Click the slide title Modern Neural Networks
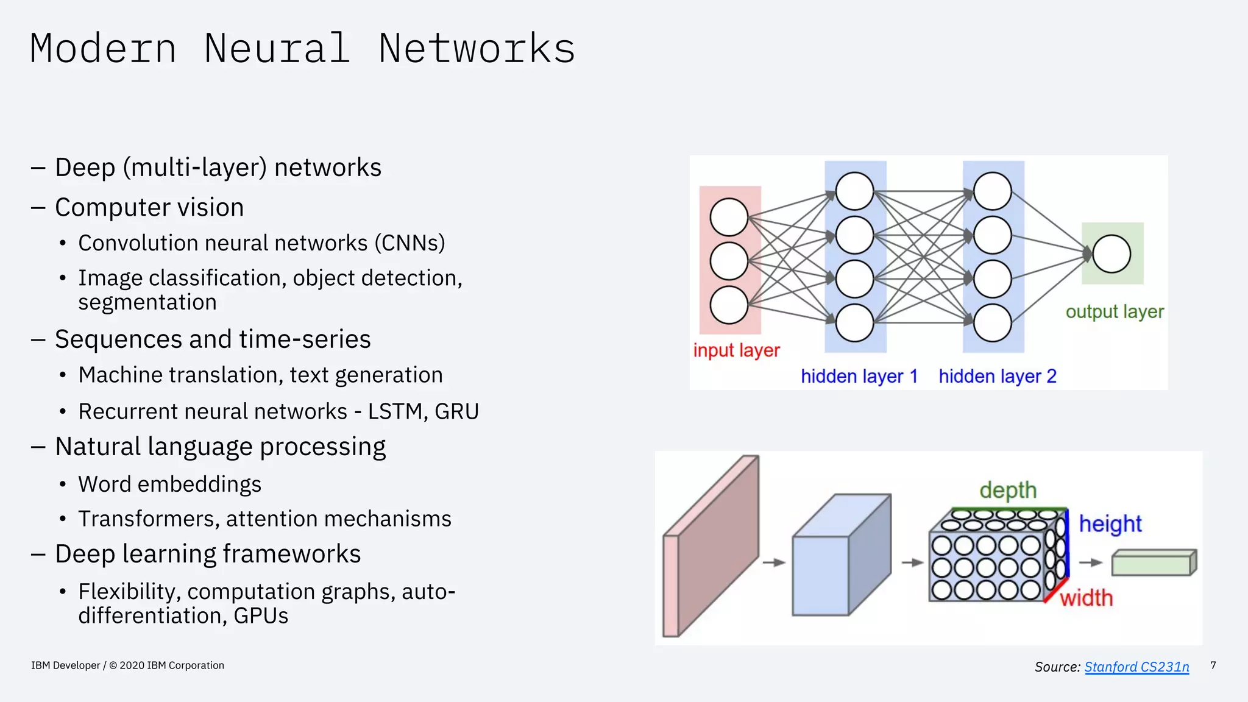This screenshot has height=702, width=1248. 302,49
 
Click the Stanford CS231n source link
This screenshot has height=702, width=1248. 1136,667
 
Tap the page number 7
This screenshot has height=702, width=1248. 1213,665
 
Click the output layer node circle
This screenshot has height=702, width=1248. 1111,254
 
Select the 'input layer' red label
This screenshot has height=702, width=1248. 736,350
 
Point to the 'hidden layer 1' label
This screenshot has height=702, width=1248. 859,376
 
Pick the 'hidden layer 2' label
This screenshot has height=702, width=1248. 997,376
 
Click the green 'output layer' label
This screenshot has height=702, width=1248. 1115,311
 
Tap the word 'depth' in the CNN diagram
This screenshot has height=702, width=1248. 1008,490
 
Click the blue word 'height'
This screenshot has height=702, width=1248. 1110,523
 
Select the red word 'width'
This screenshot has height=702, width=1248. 1086,598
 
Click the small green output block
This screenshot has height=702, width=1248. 1152,563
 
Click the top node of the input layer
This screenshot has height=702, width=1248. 729,217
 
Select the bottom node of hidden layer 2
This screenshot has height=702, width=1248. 992,323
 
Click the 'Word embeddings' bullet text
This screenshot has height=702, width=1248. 169,484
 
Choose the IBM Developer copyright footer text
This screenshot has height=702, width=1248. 127,665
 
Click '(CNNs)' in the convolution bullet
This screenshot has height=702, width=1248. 409,243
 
